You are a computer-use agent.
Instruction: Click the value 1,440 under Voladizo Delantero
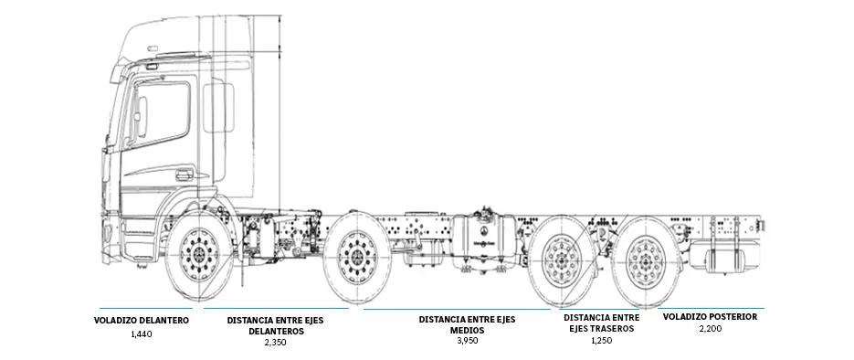click(x=141, y=334)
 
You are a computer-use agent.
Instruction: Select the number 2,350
click(x=275, y=342)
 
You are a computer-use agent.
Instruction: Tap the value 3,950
click(x=467, y=341)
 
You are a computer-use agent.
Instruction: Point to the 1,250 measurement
click(x=601, y=341)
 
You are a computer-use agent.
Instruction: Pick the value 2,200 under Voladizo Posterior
click(x=711, y=328)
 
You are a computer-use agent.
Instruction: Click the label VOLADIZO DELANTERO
click(x=141, y=320)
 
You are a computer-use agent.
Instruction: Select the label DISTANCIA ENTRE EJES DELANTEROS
click(x=275, y=325)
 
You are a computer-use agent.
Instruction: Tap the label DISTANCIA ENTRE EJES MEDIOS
click(x=467, y=324)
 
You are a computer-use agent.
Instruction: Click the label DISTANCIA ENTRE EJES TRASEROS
click(x=601, y=323)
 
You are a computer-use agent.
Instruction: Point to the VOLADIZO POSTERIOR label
click(x=710, y=316)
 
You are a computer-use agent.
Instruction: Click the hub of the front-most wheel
click(x=199, y=254)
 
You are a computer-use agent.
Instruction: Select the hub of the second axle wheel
click(x=357, y=257)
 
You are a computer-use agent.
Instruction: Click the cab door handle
click(x=185, y=175)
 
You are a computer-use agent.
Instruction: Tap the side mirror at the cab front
click(x=141, y=116)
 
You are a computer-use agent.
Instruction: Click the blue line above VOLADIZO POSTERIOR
click(x=711, y=308)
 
